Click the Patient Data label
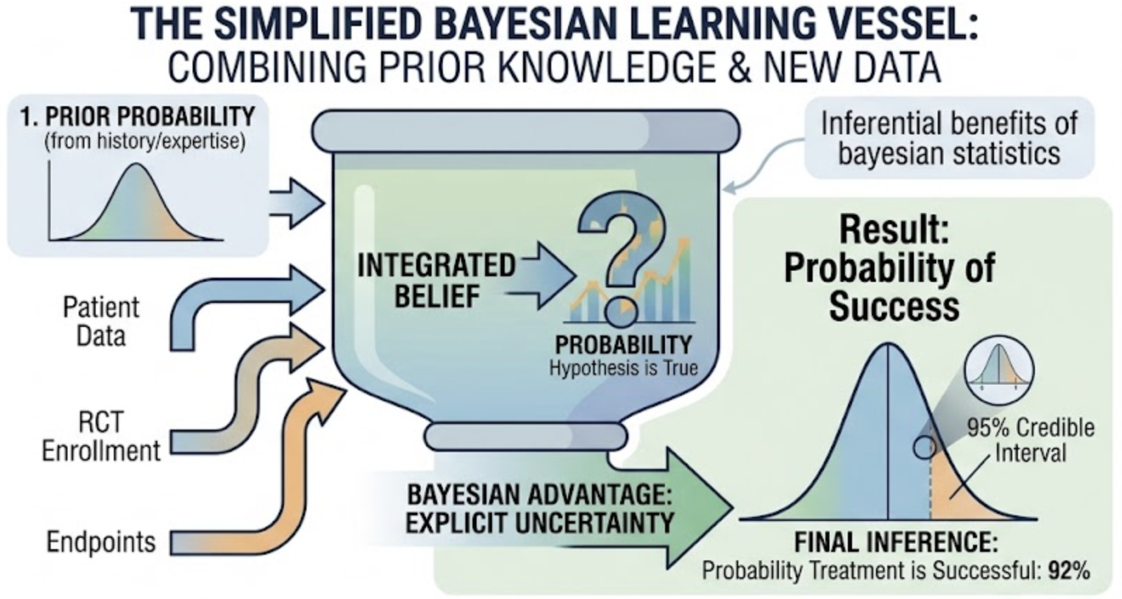[x=101, y=321]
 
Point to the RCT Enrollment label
[x=101, y=437]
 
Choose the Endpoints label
[x=101, y=542]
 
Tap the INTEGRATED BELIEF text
[x=436, y=281]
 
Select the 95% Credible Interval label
[x=1030, y=441]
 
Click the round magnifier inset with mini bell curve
[x=999, y=370]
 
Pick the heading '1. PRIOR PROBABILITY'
[x=138, y=117]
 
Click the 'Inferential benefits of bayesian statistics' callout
[x=948, y=137]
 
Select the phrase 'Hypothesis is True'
[x=623, y=368]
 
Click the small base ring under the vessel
[x=526, y=437]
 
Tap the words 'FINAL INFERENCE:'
[x=896, y=543]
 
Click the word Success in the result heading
[x=894, y=307]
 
